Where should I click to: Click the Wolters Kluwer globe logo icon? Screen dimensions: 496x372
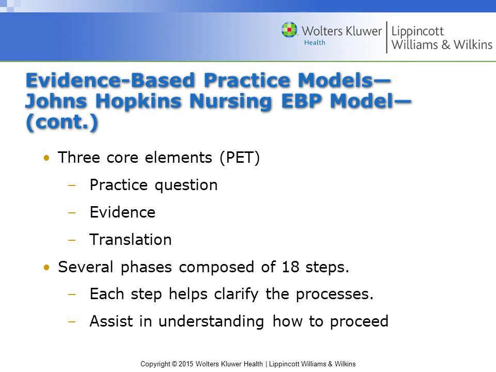coord(289,29)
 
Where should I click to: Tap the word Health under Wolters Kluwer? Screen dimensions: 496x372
coord(315,42)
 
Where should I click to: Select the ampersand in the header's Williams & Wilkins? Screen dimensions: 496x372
coord(446,44)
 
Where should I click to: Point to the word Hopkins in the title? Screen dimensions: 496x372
coord(138,102)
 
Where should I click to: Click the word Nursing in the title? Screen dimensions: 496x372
coord(230,102)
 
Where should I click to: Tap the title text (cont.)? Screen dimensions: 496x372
coord(61,122)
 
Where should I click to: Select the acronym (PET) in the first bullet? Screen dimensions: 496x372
coord(240,158)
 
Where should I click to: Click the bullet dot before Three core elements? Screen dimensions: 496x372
coord(47,158)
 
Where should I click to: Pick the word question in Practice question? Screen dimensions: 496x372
coord(186,185)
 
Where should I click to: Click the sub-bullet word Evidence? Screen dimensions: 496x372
coord(122,212)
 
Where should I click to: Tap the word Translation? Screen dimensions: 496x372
coord(130,239)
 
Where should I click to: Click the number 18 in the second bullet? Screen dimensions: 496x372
coord(290,267)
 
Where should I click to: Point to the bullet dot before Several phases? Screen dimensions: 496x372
coord(47,267)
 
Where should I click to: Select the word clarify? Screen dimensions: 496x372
coord(236,294)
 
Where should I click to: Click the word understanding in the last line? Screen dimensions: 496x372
coord(211,322)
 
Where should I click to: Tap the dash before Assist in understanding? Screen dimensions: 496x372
coord(72,322)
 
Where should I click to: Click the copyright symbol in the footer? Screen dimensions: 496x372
coord(174,364)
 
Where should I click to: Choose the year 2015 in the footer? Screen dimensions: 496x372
coord(186,364)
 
